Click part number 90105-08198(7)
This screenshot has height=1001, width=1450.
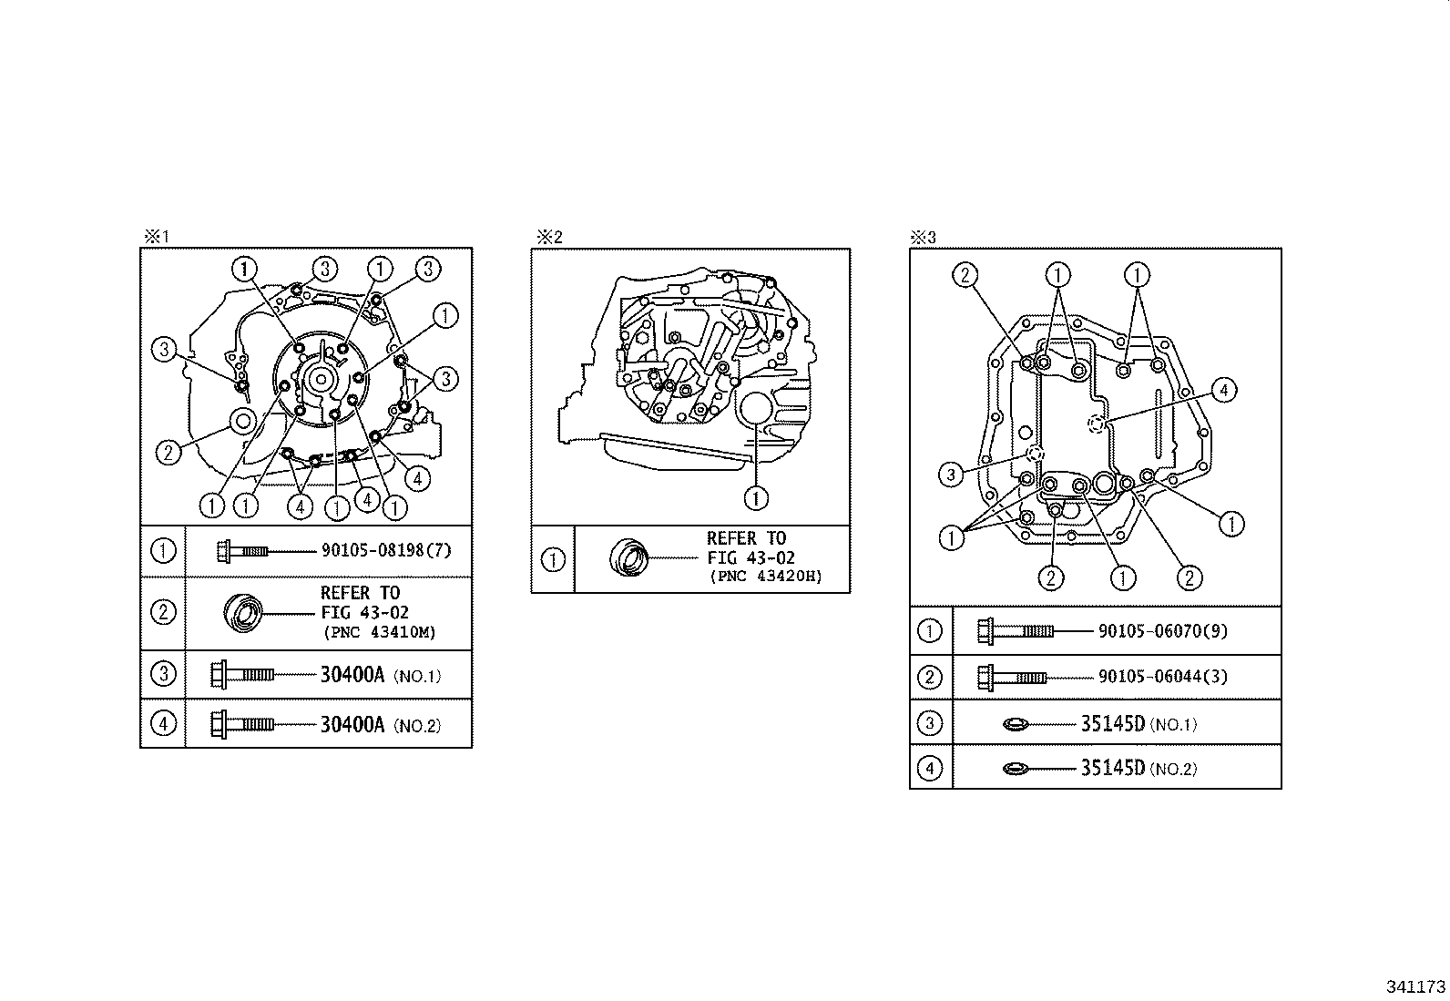(x=386, y=550)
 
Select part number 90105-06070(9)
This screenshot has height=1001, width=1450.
(x=1163, y=630)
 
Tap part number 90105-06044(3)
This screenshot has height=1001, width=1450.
(x=1163, y=677)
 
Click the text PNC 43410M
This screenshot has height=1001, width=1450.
(x=378, y=631)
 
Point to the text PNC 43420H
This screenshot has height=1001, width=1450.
(x=765, y=577)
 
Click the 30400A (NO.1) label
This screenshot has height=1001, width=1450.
(x=380, y=675)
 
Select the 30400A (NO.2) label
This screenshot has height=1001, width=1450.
(x=380, y=725)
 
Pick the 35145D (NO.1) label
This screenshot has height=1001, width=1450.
(x=1139, y=724)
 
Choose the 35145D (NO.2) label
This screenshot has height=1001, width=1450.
(x=1139, y=768)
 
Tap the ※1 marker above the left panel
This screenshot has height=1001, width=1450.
(x=156, y=237)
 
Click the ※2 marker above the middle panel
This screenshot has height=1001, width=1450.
(x=548, y=238)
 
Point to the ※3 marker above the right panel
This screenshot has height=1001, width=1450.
(x=924, y=238)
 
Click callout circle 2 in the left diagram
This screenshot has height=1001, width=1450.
(x=168, y=451)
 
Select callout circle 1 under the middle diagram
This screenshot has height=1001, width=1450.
(x=756, y=497)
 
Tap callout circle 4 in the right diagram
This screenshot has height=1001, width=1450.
(x=1224, y=391)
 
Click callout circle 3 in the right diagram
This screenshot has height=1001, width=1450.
(x=951, y=474)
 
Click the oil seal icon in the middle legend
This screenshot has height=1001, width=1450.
(x=628, y=557)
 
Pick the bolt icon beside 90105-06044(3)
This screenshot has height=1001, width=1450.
(x=1011, y=677)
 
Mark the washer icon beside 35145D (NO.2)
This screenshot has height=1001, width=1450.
(x=1015, y=769)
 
